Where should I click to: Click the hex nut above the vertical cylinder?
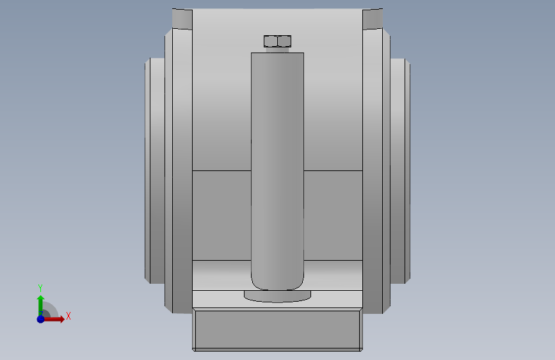[x=277, y=41]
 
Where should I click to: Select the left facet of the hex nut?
[x=271, y=41]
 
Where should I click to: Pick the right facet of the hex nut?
[x=284, y=41]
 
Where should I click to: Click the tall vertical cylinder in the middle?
[x=277, y=160]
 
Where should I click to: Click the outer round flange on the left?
[x=156, y=170]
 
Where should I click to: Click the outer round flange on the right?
[x=399, y=170]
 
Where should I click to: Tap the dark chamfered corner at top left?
[x=182, y=19]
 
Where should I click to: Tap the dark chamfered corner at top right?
[x=373, y=19]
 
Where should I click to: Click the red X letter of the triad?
[x=68, y=316]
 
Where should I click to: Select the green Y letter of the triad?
[x=40, y=288]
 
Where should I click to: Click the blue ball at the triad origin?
[x=40, y=318]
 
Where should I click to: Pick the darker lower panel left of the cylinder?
[x=221, y=215]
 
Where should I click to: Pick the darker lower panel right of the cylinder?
[x=333, y=215]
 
